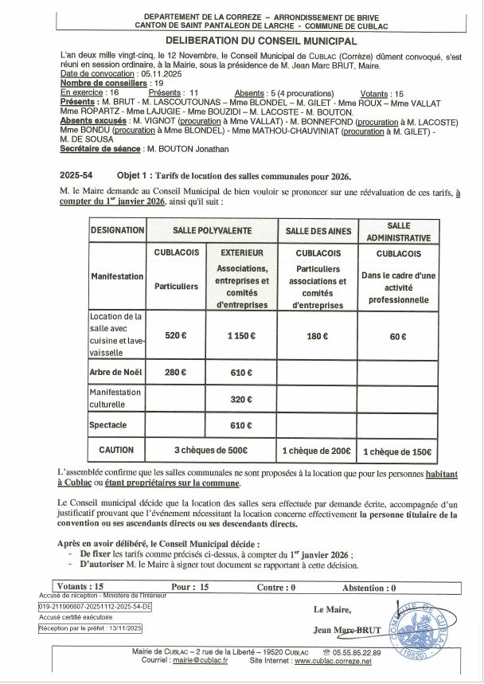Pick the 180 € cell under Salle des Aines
[x=318, y=336]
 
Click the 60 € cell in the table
[x=398, y=336]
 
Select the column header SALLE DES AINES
[x=318, y=230]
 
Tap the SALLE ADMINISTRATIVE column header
[x=398, y=231]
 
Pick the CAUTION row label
[x=116, y=450]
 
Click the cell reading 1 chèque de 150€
[x=398, y=451]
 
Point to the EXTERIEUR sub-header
[x=241, y=252]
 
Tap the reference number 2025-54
[x=76, y=174]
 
